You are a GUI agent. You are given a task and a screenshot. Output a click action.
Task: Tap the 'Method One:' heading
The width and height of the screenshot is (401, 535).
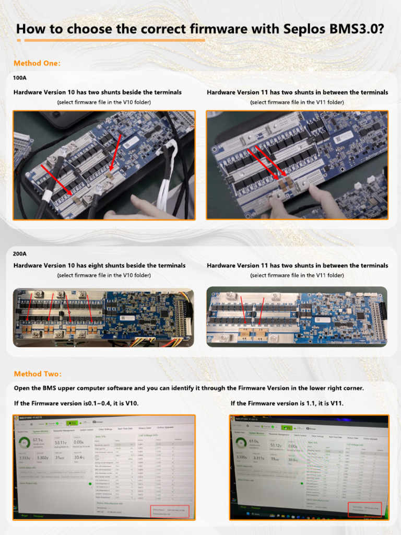click(x=37, y=63)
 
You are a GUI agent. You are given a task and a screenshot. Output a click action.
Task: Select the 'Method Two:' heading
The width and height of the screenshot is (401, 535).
click(x=38, y=374)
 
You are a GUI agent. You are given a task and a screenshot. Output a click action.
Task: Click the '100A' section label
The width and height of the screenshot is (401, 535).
click(x=20, y=78)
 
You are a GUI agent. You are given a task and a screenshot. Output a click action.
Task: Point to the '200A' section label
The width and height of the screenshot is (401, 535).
click(x=20, y=253)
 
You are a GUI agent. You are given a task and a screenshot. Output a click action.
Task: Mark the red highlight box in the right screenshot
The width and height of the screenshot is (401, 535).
click(x=365, y=509)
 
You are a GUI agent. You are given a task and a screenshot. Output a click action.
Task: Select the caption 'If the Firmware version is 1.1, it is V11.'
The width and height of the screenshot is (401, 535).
click(x=287, y=403)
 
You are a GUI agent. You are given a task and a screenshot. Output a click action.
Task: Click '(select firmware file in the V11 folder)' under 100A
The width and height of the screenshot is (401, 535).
click(x=297, y=102)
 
